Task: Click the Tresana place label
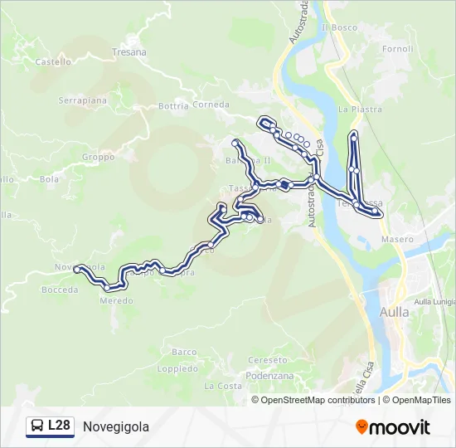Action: click(x=129, y=52)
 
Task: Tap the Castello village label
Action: click(x=54, y=61)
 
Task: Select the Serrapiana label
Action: click(x=82, y=100)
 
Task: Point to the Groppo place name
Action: click(x=98, y=157)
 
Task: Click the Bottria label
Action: click(x=173, y=106)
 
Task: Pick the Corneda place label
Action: click(x=211, y=105)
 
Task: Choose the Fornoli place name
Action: click(x=398, y=49)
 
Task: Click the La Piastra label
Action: click(x=360, y=109)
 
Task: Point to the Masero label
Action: click(x=397, y=239)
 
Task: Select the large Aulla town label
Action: click(x=394, y=313)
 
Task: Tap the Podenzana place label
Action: click(x=270, y=375)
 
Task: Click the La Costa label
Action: click(x=223, y=387)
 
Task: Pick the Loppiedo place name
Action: click(x=177, y=368)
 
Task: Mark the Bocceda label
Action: click(x=60, y=290)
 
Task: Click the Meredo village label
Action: click(x=116, y=300)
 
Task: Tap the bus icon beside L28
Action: click(x=38, y=426)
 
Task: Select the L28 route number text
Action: click(x=59, y=426)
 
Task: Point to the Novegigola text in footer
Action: click(x=116, y=427)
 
